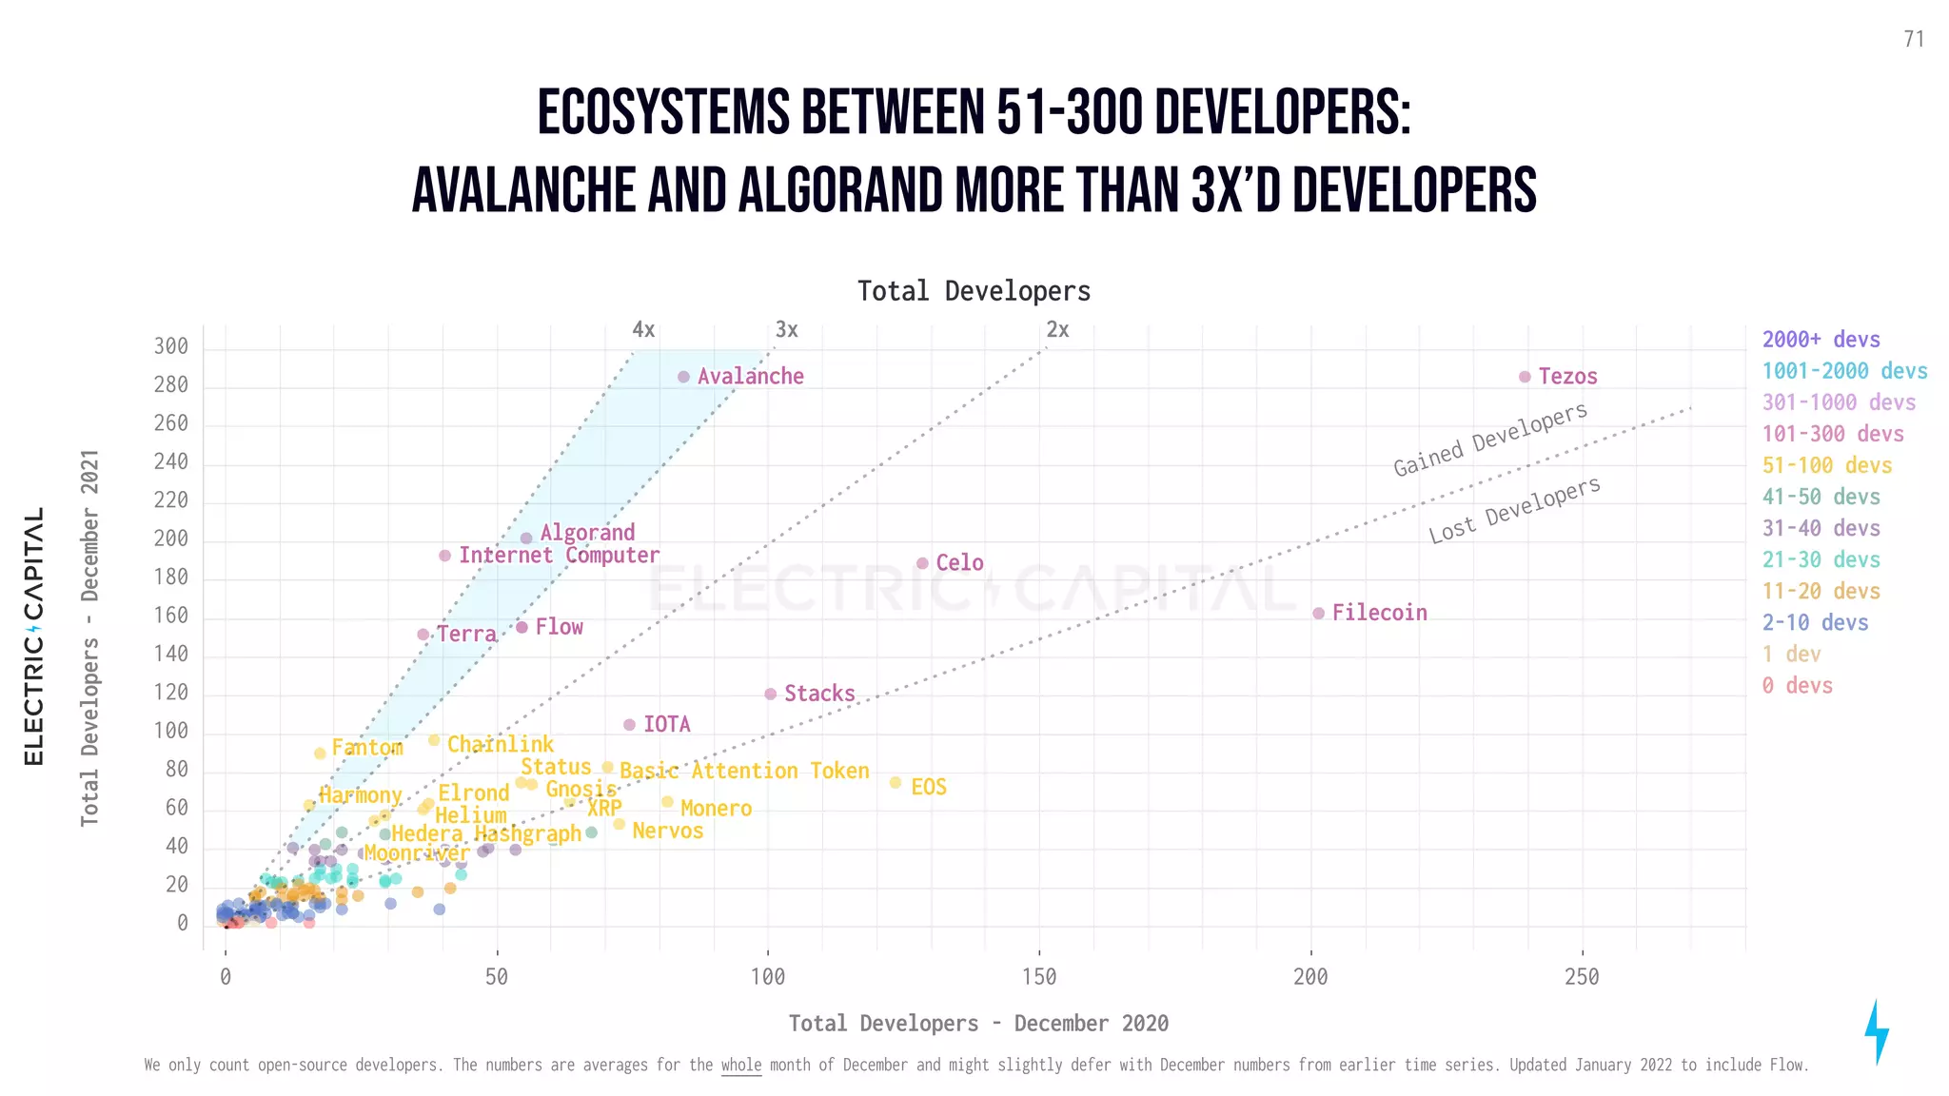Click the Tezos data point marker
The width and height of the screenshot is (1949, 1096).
(x=1525, y=377)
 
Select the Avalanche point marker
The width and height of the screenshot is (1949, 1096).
(x=683, y=377)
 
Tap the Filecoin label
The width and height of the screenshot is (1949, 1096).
(x=1379, y=613)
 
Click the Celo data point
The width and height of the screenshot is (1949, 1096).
(x=922, y=563)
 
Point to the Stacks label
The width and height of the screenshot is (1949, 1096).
(x=819, y=694)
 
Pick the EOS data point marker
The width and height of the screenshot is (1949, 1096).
(x=896, y=783)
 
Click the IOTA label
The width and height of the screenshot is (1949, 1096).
(x=666, y=725)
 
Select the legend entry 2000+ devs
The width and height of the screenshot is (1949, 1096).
(x=1821, y=340)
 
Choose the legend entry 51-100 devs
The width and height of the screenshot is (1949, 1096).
(x=1826, y=465)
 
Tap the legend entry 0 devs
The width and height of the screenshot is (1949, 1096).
(x=1797, y=685)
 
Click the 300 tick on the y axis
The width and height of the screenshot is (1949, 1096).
(x=171, y=346)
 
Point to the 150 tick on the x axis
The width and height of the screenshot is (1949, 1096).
(x=1039, y=977)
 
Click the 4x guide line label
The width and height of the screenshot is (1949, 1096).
(x=643, y=330)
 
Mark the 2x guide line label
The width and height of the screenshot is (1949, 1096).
(x=1057, y=330)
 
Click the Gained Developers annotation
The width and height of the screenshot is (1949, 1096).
(x=1490, y=439)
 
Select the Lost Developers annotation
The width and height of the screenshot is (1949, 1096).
(x=1514, y=511)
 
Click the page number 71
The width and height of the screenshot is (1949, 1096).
(x=1914, y=39)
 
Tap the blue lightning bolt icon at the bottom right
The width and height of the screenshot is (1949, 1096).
(x=1876, y=1032)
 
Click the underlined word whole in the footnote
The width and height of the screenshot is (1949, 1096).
(x=741, y=1065)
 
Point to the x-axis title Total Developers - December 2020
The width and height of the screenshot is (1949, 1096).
(x=978, y=1023)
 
